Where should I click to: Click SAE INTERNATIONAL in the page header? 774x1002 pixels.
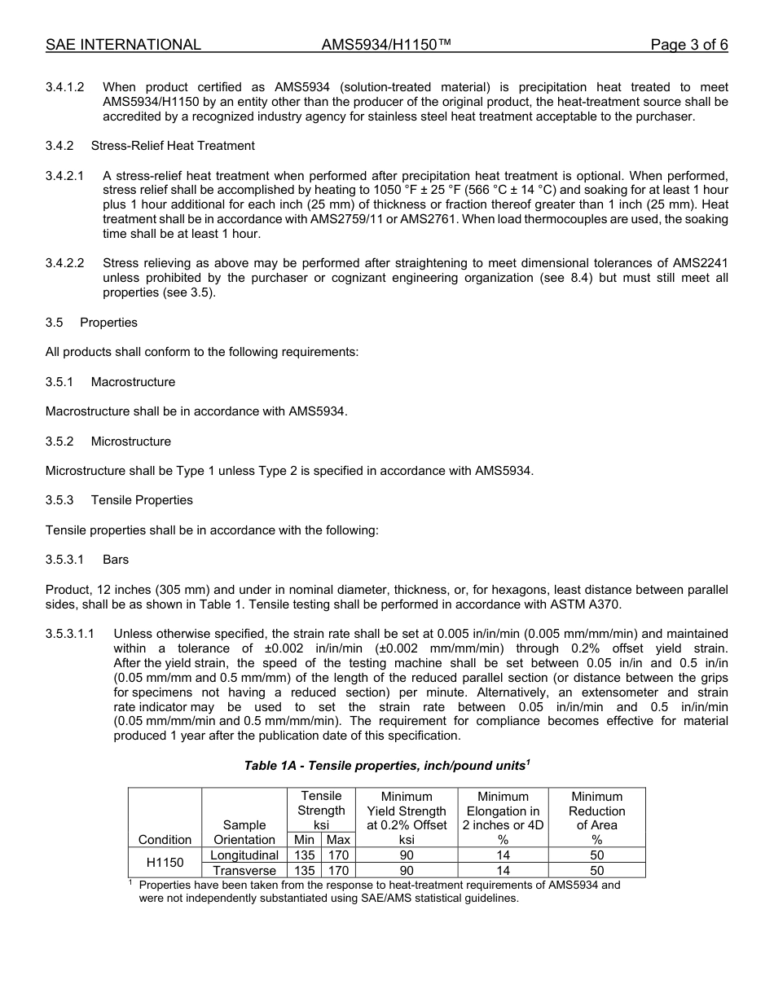click(x=123, y=45)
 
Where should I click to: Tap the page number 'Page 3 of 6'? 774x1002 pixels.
click(x=688, y=45)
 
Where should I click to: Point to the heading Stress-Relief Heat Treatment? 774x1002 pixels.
click(x=173, y=146)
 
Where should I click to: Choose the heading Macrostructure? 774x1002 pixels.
click(x=133, y=382)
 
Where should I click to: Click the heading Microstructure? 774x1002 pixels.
click(x=131, y=442)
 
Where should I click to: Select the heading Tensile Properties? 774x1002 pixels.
click(x=142, y=500)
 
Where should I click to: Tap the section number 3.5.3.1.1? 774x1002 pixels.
click(x=71, y=634)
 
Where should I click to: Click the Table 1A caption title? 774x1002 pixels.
click(x=387, y=766)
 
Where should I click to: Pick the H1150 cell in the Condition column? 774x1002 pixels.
click(x=165, y=863)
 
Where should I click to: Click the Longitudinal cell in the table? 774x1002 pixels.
click(x=244, y=855)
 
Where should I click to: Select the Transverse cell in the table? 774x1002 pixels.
click(x=244, y=871)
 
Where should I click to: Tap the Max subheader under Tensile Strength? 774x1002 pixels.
click(x=338, y=840)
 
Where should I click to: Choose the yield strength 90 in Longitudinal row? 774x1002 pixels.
click(x=407, y=855)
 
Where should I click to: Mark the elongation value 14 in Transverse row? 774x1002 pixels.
click(x=503, y=871)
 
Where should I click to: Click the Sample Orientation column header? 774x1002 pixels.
click(x=244, y=833)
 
